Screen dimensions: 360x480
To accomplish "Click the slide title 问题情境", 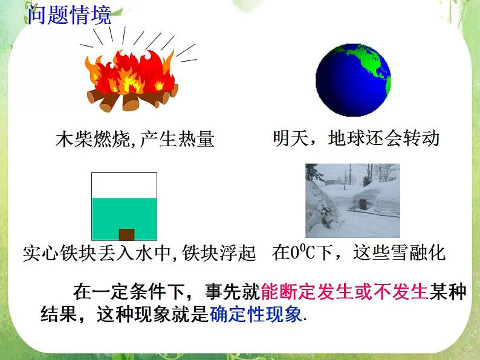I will [70, 14].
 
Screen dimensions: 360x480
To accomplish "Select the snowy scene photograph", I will [352, 201].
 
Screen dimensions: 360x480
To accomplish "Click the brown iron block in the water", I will [126, 234].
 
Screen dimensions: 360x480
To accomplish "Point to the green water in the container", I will [124, 214].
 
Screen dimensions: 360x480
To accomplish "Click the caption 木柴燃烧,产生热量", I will [135, 140].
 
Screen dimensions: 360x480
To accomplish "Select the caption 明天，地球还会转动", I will [355, 138].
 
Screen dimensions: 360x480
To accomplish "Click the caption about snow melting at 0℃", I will [359, 252].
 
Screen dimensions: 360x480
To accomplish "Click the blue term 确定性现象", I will [257, 315].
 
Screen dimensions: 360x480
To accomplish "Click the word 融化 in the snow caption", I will [428, 252].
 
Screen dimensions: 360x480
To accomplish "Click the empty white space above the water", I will [124, 185].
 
